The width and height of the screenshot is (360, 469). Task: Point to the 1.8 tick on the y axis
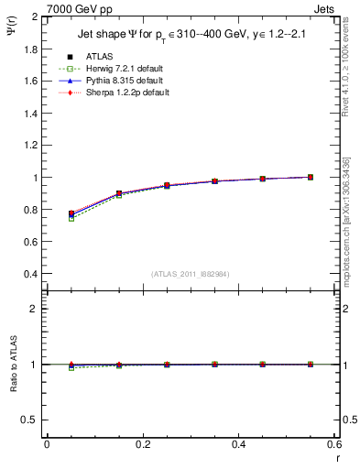(31, 49)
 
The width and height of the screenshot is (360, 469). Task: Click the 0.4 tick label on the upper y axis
(31, 274)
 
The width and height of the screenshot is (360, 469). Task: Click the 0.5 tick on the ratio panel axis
(31, 420)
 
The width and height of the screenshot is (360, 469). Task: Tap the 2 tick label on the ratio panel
(36, 309)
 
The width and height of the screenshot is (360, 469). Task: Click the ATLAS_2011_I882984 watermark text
(190, 274)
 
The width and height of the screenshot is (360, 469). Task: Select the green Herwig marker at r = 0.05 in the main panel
(71, 218)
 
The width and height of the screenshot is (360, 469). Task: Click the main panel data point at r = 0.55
(311, 177)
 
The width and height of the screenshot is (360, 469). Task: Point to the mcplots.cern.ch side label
(350, 229)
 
